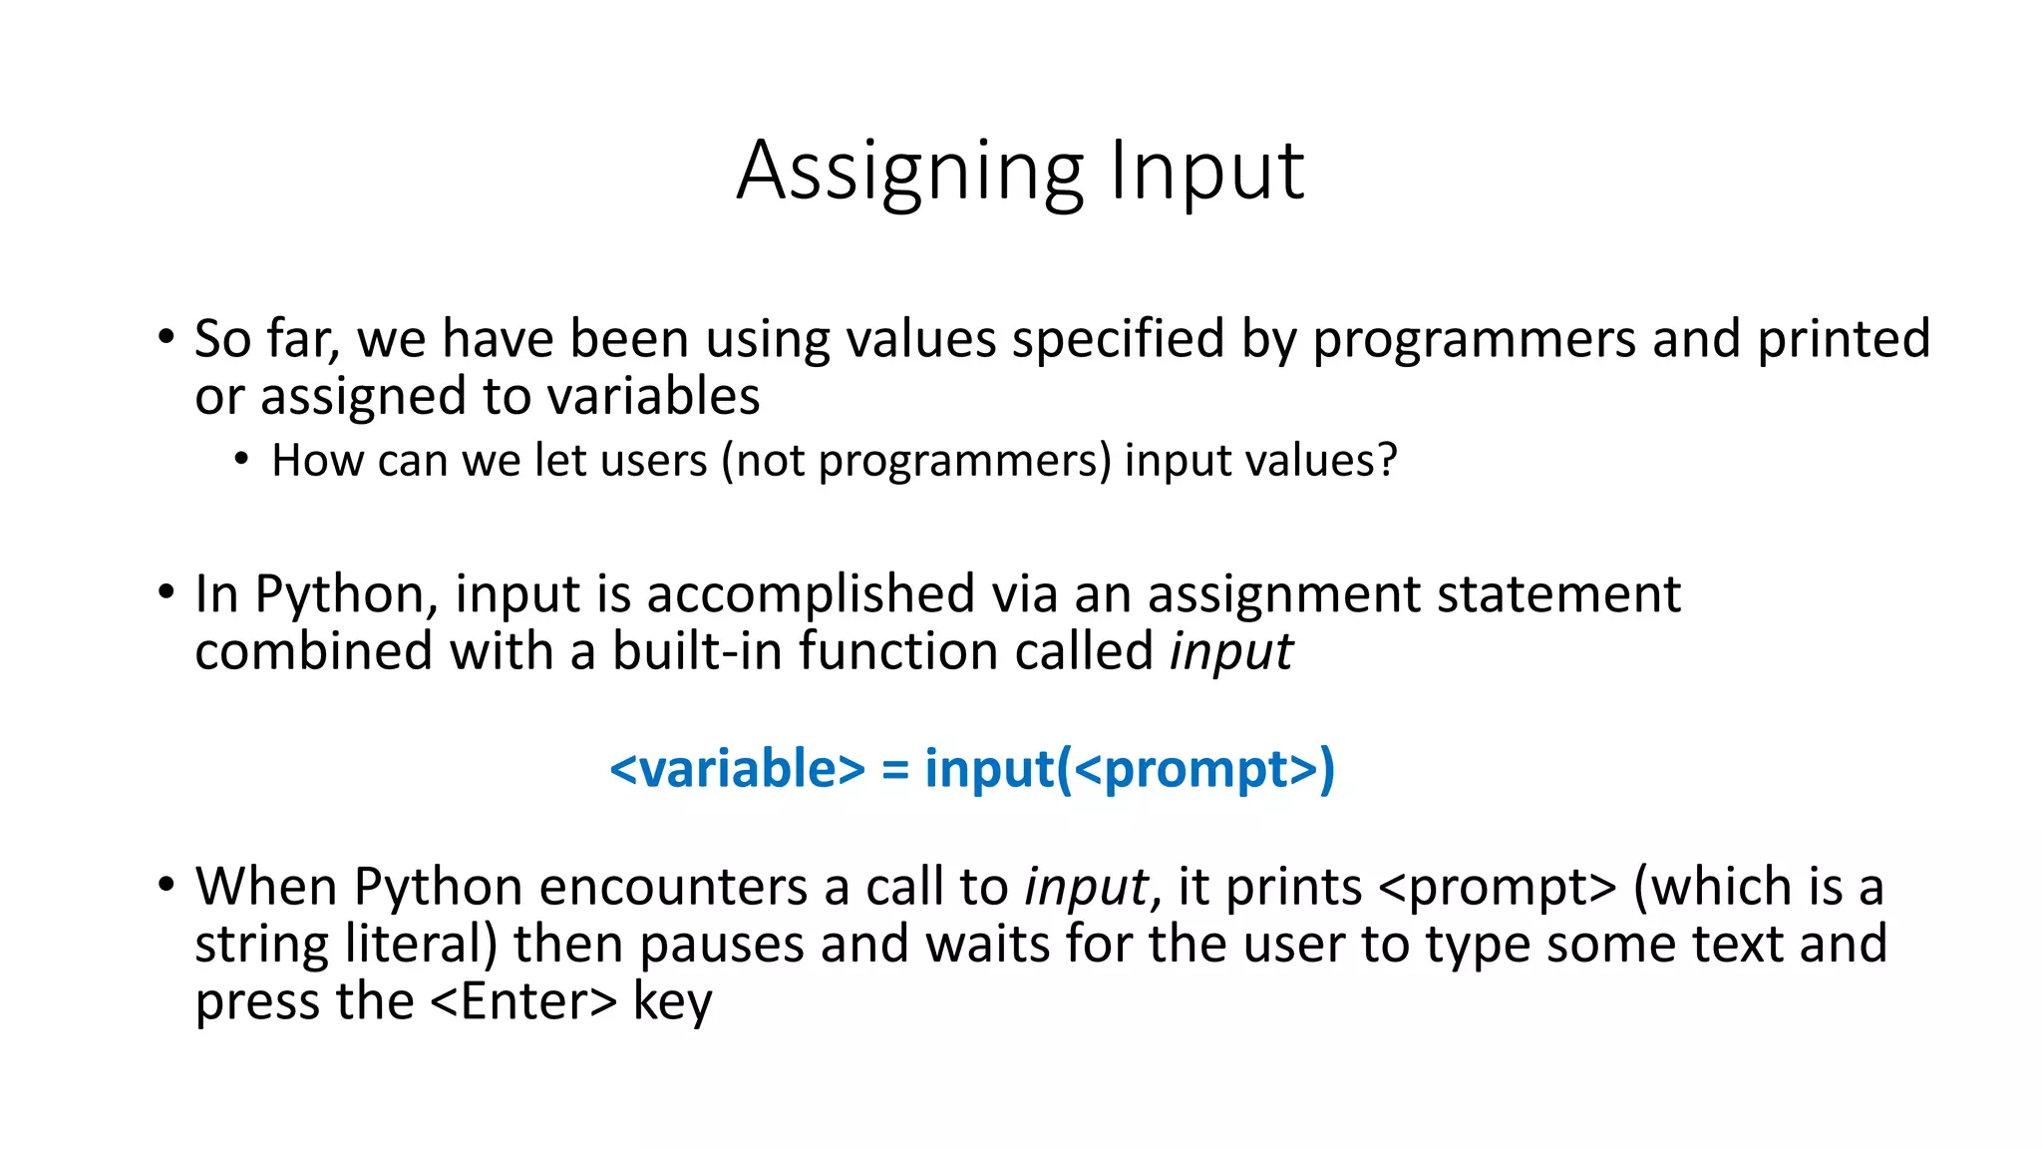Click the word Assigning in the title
pyautogui.click(x=909, y=172)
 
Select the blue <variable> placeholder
pyautogui.click(x=737, y=769)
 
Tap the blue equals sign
pyautogui.click(x=894, y=771)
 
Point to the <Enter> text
pyautogui.click(x=524, y=1001)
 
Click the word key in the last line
pyautogui.click(x=672, y=1003)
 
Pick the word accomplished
pyautogui.click(x=810, y=595)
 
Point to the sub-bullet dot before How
pyautogui.click(x=240, y=460)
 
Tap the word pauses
pyautogui.click(x=721, y=945)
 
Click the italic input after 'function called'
pyautogui.click(x=1230, y=653)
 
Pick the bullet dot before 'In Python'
pyautogui.click(x=166, y=592)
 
